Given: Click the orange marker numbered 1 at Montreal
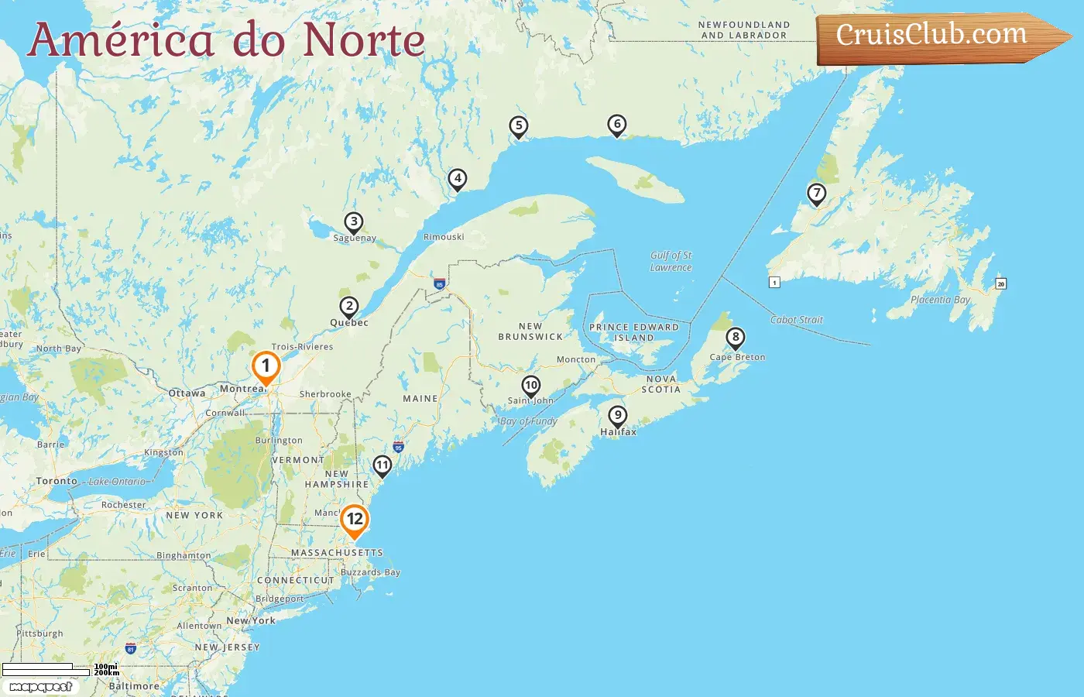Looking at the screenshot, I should [266, 367].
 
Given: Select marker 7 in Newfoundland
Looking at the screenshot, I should [816, 194].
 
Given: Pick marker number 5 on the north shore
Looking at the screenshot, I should [519, 126].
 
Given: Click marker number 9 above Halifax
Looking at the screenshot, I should [617, 416].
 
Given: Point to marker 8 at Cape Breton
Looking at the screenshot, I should [736, 338].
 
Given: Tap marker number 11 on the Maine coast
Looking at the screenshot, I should [382, 465].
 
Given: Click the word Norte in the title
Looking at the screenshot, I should [364, 40].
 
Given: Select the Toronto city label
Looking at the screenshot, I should [57, 481].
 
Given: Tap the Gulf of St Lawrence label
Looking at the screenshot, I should [671, 261].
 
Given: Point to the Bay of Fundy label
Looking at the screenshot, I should [529, 421].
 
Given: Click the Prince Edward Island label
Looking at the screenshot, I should [634, 332].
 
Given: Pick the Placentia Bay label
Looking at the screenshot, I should [940, 300].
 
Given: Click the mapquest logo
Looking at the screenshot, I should [40, 686].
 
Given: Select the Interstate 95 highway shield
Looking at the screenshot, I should [398, 447].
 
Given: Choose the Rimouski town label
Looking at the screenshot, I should [444, 237].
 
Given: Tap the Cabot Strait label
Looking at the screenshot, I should [797, 319].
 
